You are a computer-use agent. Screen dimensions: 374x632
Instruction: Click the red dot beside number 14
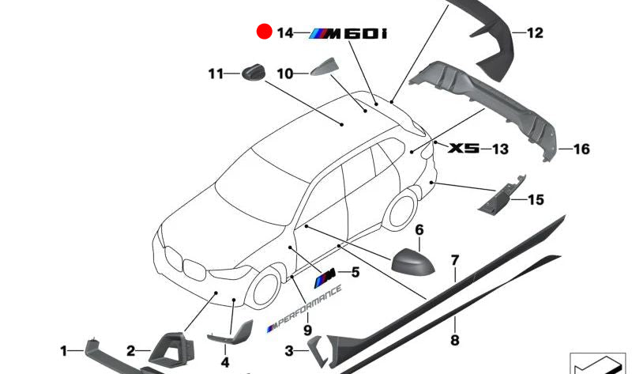[x=263, y=32]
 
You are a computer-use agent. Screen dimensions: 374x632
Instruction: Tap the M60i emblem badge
[x=348, y=33]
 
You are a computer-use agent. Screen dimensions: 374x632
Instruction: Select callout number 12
[x=535, y=33]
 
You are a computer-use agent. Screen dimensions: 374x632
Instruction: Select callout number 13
[x=500, y=149]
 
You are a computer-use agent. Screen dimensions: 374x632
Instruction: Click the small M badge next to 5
[x=325, y=275]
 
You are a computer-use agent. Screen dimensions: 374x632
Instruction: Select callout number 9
[x=307, y=329]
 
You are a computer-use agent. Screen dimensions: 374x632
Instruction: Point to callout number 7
[x=454, y=259]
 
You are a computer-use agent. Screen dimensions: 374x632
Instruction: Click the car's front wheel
[x=266, y=288]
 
